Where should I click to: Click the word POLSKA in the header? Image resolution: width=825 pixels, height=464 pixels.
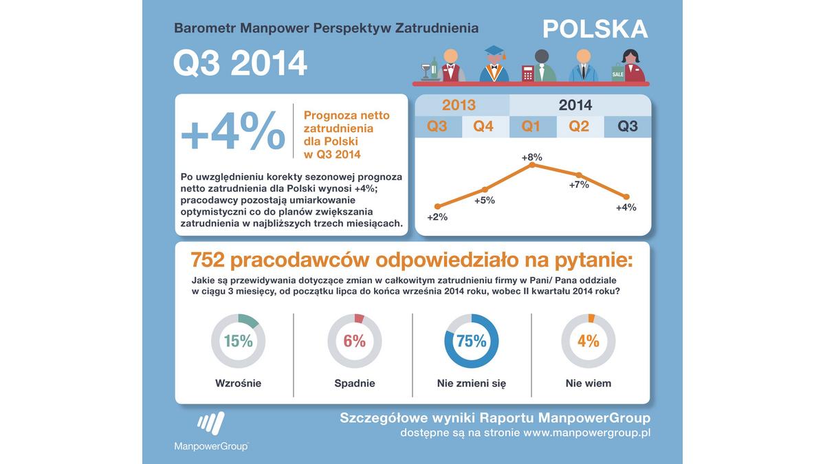coord(595,29)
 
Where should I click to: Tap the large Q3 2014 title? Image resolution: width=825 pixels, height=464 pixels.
coord(240,63)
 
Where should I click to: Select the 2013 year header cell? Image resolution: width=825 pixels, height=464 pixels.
coord(459,105)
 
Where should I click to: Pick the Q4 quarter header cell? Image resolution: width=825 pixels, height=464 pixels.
coord(484,126)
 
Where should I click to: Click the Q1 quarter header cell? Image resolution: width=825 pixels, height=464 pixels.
coord(531,126)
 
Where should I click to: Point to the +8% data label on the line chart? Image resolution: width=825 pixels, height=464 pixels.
coord(531,157)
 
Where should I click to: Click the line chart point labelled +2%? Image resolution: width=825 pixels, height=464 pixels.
coord(437,206)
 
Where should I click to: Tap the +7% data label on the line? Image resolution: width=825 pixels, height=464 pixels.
coord(579,185)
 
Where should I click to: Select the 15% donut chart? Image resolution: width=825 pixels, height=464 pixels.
coord(238,341)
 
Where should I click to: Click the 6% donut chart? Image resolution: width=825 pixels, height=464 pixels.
coord(354,341)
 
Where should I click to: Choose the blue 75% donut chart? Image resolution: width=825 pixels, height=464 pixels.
coord(471,341)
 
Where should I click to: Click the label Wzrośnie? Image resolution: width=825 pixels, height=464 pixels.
coord(238,384)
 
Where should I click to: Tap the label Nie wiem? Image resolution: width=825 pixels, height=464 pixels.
coord(588,384)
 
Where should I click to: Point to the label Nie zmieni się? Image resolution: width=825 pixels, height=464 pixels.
coord(471,384)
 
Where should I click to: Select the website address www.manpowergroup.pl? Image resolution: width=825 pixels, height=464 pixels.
coord(586,433)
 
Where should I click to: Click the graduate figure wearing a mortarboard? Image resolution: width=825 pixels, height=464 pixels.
coord(494,65)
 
